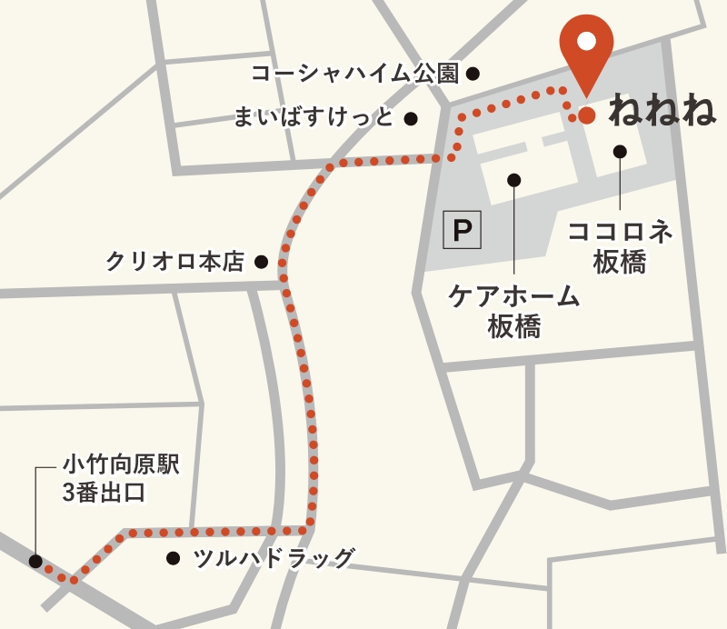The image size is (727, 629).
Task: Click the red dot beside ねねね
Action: (587, 115)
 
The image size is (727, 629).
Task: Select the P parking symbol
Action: (462, 231)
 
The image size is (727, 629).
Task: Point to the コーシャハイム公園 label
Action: (355, 73)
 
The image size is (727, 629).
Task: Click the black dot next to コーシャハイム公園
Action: (473, 74)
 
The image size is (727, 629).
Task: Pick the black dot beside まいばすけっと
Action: (411, 118)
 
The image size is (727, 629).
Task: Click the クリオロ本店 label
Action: (175, 262)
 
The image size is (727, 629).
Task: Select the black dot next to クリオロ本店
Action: (261, 263)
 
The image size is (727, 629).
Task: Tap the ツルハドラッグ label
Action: (273, 558)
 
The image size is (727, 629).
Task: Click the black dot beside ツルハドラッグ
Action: (173, 558)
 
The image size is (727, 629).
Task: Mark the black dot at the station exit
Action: (35, 562)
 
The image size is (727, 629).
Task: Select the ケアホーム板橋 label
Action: (514, 311)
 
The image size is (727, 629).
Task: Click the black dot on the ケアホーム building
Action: (513, 180)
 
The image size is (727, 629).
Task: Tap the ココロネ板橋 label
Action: (620, 246)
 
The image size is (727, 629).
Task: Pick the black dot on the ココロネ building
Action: (620, 152)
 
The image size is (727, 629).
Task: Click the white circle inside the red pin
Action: (586, 40)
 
